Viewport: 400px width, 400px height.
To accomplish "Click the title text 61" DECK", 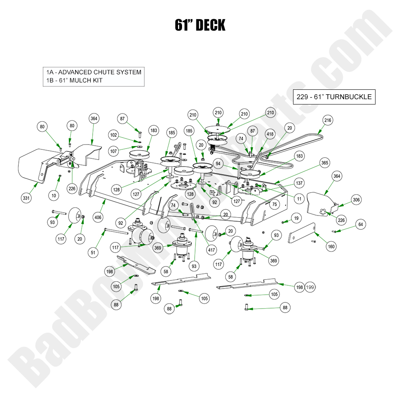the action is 200,25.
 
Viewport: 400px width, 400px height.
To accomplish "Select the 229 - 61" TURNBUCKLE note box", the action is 334,97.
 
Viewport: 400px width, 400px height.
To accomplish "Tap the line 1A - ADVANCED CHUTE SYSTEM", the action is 93,72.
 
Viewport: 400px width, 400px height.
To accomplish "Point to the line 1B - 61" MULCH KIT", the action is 74,80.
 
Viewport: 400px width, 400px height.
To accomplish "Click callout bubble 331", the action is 26,198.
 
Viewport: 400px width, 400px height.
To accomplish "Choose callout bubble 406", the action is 98,217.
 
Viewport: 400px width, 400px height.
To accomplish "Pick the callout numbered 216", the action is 328,120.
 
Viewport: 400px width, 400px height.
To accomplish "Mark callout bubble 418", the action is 270,134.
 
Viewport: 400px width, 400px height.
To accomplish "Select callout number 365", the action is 325,163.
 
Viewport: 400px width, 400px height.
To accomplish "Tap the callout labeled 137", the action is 299,183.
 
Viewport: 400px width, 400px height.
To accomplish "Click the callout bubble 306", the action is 356,200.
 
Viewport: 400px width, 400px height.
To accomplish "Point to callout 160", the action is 331,247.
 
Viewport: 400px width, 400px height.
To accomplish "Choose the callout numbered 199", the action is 310,287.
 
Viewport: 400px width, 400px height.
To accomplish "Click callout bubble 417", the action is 211,250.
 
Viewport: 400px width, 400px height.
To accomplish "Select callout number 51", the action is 93,253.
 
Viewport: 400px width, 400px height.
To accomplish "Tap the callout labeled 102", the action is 113,135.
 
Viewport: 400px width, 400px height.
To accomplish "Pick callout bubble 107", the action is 113,151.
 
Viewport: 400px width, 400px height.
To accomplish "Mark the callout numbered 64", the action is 361,224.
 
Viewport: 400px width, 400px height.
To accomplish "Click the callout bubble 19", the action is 296,218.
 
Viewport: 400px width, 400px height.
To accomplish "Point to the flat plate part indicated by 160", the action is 302,233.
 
